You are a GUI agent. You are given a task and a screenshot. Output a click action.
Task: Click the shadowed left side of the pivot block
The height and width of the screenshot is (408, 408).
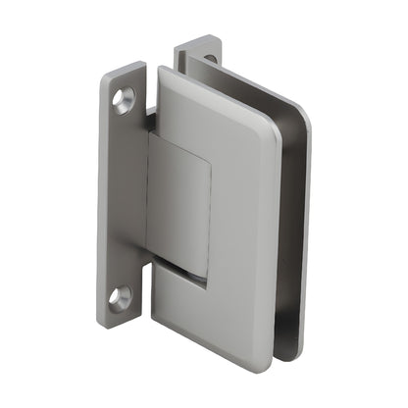point(155,196)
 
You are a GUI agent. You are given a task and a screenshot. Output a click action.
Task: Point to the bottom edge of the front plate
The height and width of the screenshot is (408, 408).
point(216,340)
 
